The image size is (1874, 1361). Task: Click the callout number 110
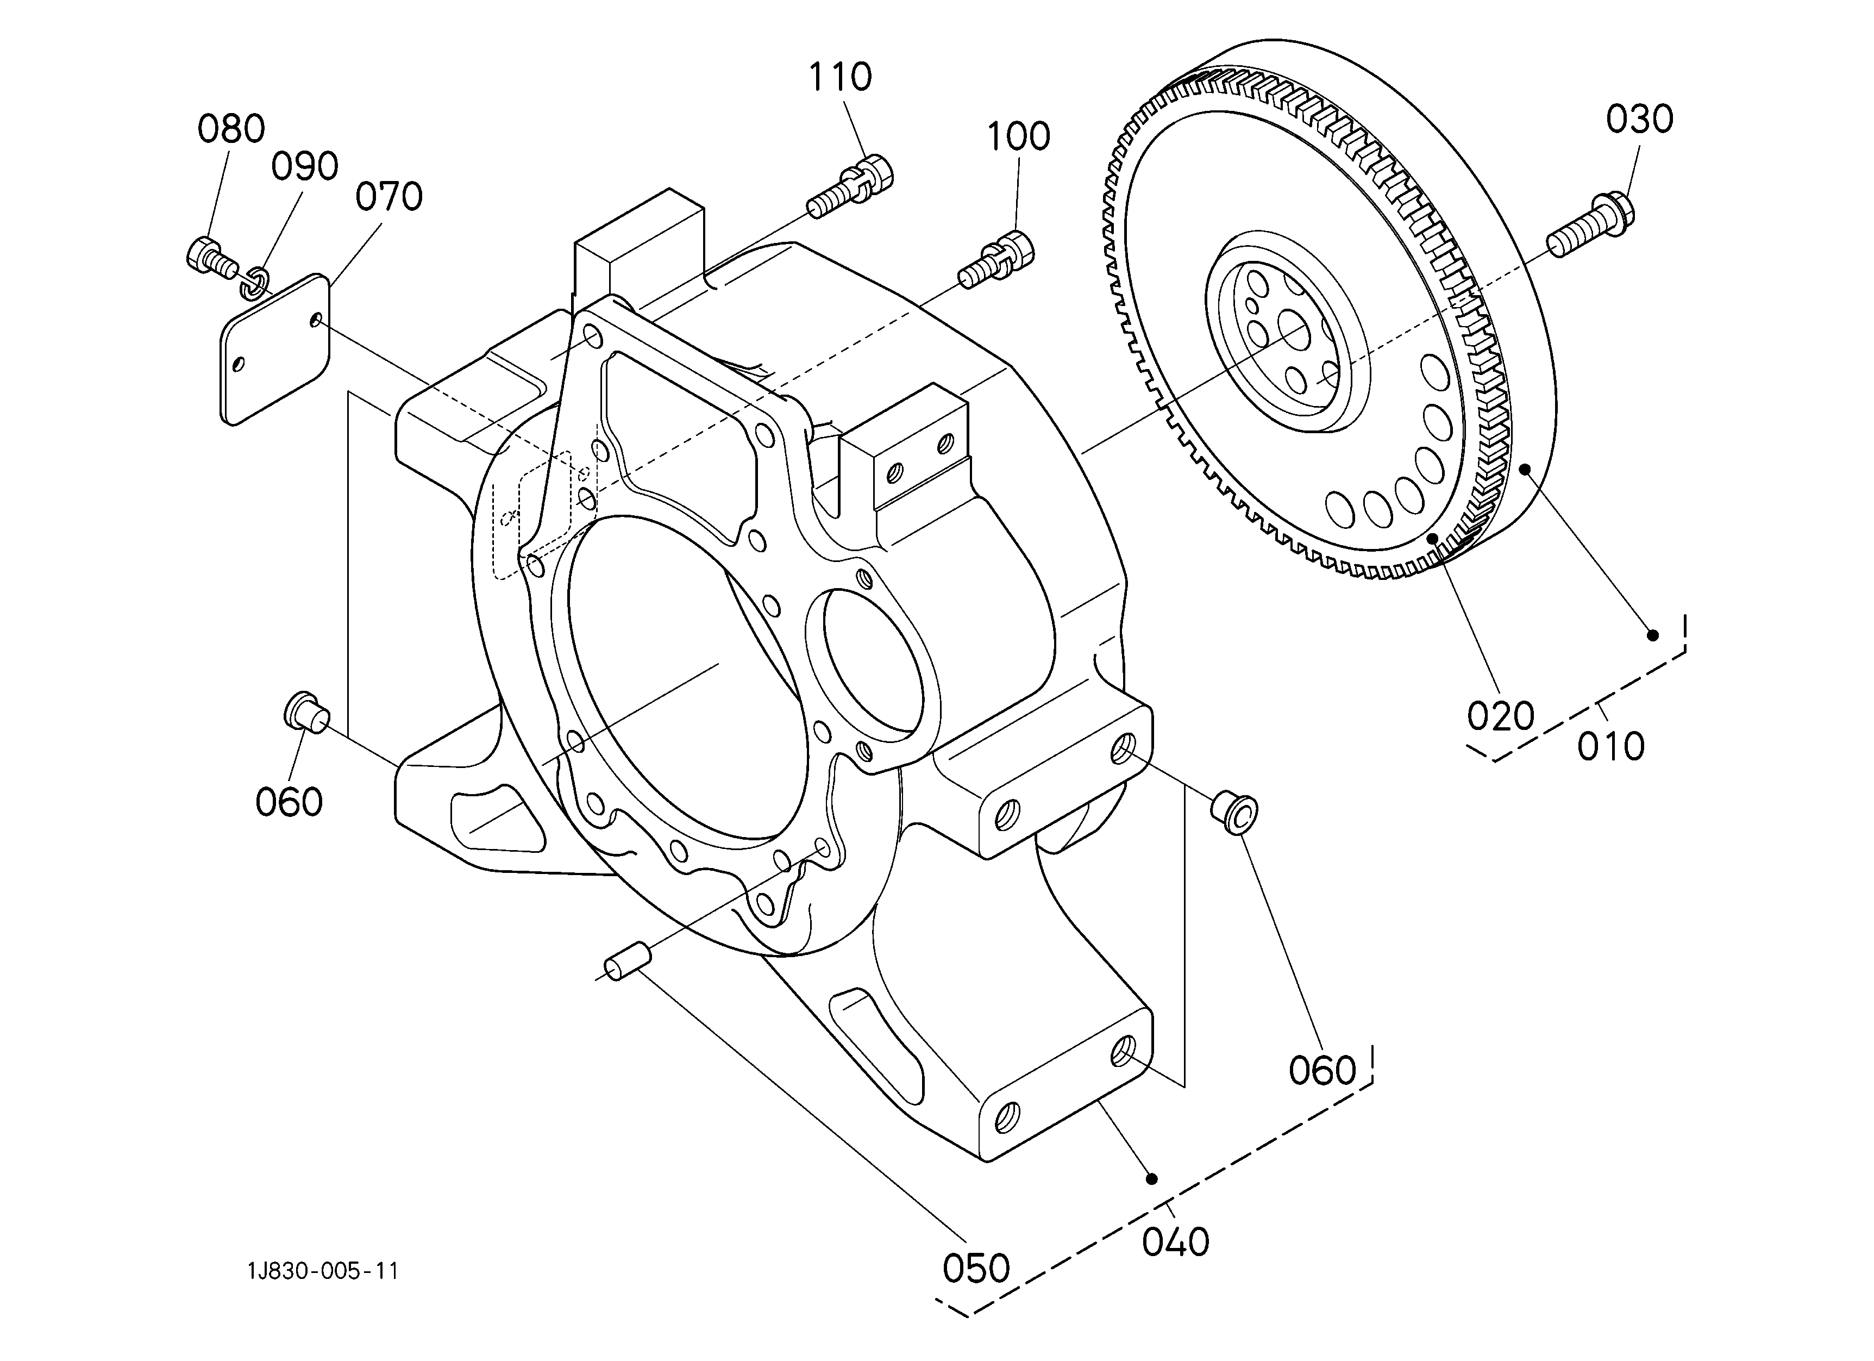coord(839,77)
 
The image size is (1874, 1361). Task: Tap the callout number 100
coord(1019,136)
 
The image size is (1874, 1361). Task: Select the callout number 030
coord(1639,120)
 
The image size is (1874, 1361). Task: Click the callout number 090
coord(305,167)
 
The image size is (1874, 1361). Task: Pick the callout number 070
coord(388,197)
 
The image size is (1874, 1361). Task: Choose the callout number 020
coord(1501,716)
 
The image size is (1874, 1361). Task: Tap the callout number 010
coord(1610,747)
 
